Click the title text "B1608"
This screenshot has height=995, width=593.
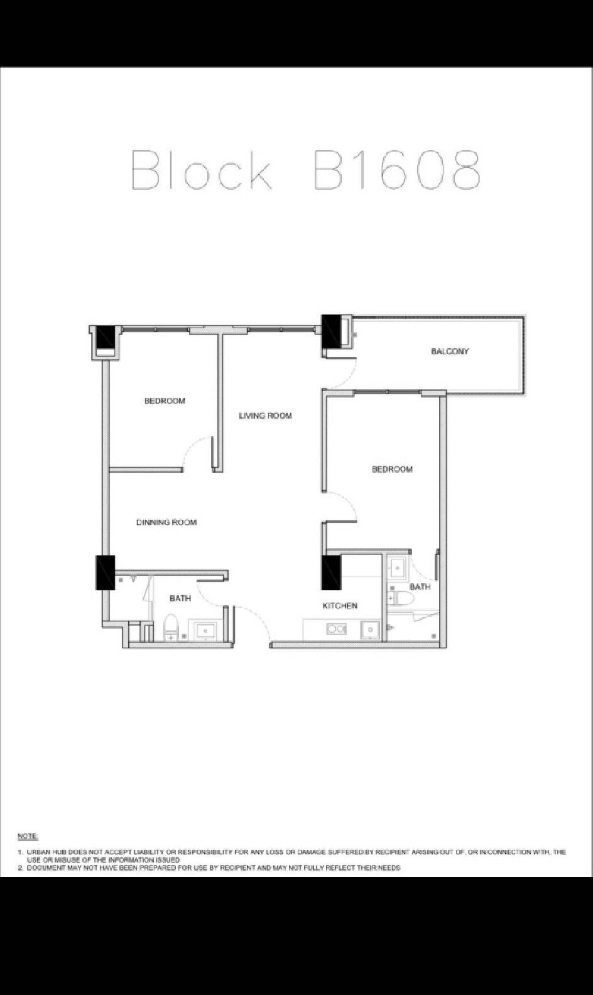pos(397,170)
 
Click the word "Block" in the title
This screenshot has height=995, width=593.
pos(202,170)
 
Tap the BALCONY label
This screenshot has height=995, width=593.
pos(450,351)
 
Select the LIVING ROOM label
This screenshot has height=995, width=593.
pos(266,415)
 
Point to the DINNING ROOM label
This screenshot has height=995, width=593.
pos(166,522)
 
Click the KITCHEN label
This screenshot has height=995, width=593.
pos(340,605)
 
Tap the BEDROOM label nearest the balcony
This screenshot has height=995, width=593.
pos(393,469)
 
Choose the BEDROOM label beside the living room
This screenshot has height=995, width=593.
pos(165,401)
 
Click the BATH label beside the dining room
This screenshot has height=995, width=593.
pos(180,598)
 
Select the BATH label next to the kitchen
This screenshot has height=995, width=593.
pos(420,587)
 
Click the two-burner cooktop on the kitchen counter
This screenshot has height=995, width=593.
pos(337,629)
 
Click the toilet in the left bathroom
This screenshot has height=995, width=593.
pos(171,627)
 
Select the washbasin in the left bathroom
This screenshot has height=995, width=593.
pos(205,631)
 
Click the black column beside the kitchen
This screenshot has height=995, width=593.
pos(331,573)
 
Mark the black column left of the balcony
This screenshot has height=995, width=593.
pos(330,332)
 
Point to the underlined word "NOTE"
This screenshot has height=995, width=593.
pos(28,837)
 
